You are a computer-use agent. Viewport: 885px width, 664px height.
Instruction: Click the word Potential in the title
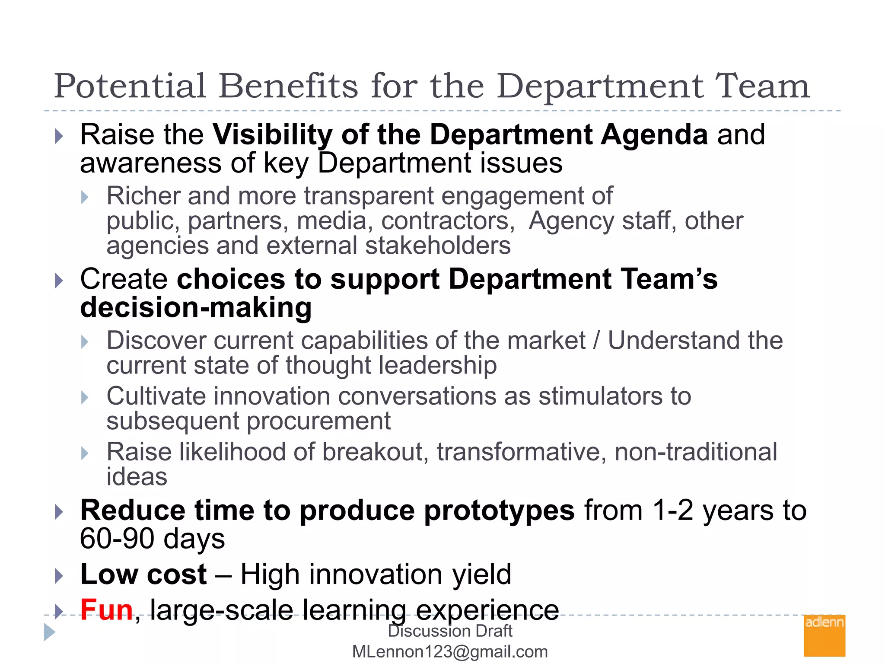tap(130, 86)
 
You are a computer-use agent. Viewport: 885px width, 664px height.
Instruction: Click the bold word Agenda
tap(654, 135)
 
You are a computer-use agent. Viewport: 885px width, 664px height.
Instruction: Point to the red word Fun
tap(106, 610)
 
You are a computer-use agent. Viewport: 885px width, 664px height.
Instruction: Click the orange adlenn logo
tap(824, 635)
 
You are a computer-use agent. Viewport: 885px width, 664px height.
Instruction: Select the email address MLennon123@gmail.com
tap(450, 651)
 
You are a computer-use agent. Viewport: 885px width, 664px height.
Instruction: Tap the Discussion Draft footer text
tap(450, 631)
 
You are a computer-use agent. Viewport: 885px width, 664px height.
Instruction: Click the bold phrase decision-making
tap(196, 308)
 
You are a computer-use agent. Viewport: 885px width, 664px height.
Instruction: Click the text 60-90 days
tap(152, 539)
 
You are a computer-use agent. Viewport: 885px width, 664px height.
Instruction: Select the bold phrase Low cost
tap(143, 575)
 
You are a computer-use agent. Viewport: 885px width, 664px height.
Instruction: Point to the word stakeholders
tap(438, 246)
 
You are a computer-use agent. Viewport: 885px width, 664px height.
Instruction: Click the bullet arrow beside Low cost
tap(59, 576)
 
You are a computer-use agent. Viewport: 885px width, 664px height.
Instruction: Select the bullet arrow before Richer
tap(85, 198)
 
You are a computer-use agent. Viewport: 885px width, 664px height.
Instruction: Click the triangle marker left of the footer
tap(49, 632)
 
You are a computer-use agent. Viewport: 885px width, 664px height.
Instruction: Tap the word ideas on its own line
tap(137, 477)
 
